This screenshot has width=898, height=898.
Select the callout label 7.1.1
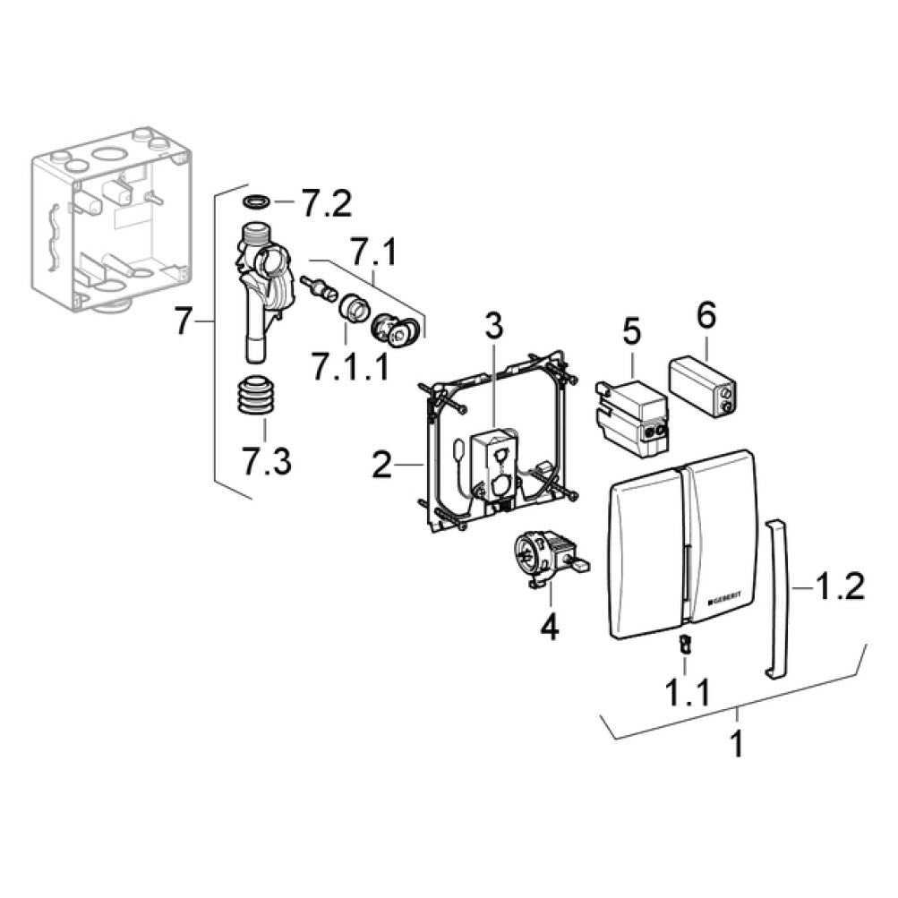350,365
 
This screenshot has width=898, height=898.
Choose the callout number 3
495,327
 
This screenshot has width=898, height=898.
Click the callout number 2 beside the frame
382,466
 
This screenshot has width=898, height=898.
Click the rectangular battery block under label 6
705,388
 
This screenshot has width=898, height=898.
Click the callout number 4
549,626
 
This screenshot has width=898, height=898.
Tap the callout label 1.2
840,587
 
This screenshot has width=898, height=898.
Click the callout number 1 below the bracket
736,745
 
